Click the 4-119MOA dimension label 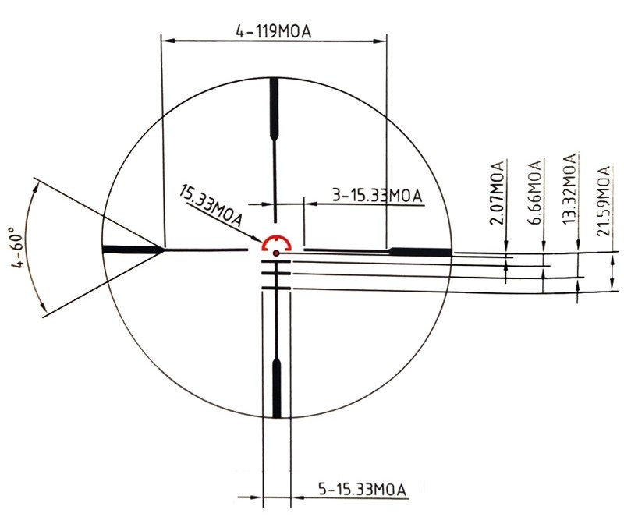(x=274, y=31)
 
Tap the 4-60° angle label (x=19, y=247)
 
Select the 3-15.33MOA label (x=377, y=196)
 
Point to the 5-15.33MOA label (x=362, y=489)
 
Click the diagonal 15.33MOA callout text (x=211, y=206)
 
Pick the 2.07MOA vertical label (x=497, y=193)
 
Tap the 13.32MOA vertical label (x=570, y=189)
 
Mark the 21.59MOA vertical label (x=604, y=201)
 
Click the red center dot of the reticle (x=276, y=253)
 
